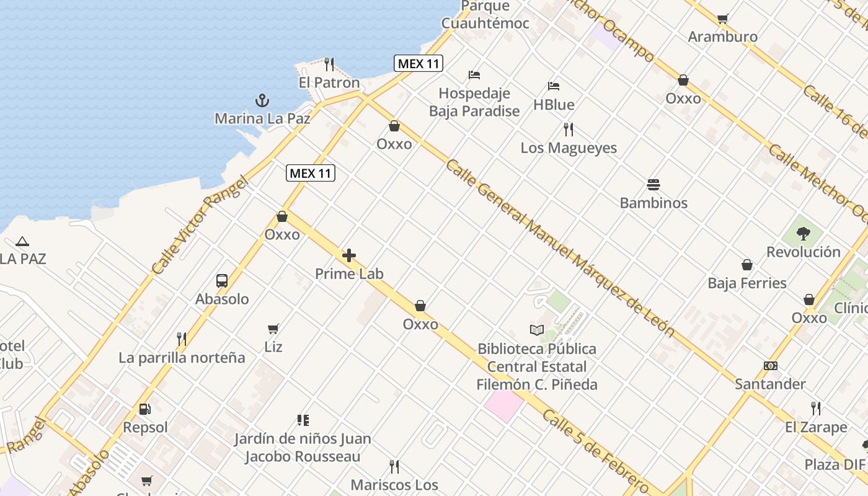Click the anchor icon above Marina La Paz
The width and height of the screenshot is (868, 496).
(x=262, y=100)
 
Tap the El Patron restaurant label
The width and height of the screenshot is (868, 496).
(x=329, y=82)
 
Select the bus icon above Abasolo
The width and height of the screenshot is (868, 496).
(x=222, y=281)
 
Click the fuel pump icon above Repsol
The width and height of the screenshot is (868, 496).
(x=145, y=409)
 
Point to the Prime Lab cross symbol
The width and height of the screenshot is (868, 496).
(x=349, y=255)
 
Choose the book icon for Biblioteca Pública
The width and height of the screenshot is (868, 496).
(x=537, y=330)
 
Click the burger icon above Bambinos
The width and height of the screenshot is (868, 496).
(x=653, y=185)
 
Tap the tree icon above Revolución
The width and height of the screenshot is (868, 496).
(x=804, y=234)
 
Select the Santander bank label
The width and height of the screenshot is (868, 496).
(x=770, y=384)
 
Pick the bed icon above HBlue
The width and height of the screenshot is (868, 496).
(x=554, y=86)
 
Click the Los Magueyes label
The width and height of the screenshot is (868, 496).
(x=569, y=148)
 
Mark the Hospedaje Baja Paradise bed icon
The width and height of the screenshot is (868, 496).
(x=474, y=75)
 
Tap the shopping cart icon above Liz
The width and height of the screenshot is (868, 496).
(x=273, y=329)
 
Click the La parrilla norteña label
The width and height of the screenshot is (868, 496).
(x=182, y=358)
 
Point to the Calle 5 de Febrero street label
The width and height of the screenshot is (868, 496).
(x=595, y=449)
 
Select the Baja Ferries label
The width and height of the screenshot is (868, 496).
(x=747, y=283)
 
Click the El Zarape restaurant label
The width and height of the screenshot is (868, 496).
(x=816, y=427)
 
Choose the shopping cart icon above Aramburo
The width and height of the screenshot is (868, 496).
(x=722, y=19)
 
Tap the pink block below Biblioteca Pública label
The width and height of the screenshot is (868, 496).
(x=503, y=406)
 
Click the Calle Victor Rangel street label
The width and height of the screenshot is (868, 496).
(x=199, y=226)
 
